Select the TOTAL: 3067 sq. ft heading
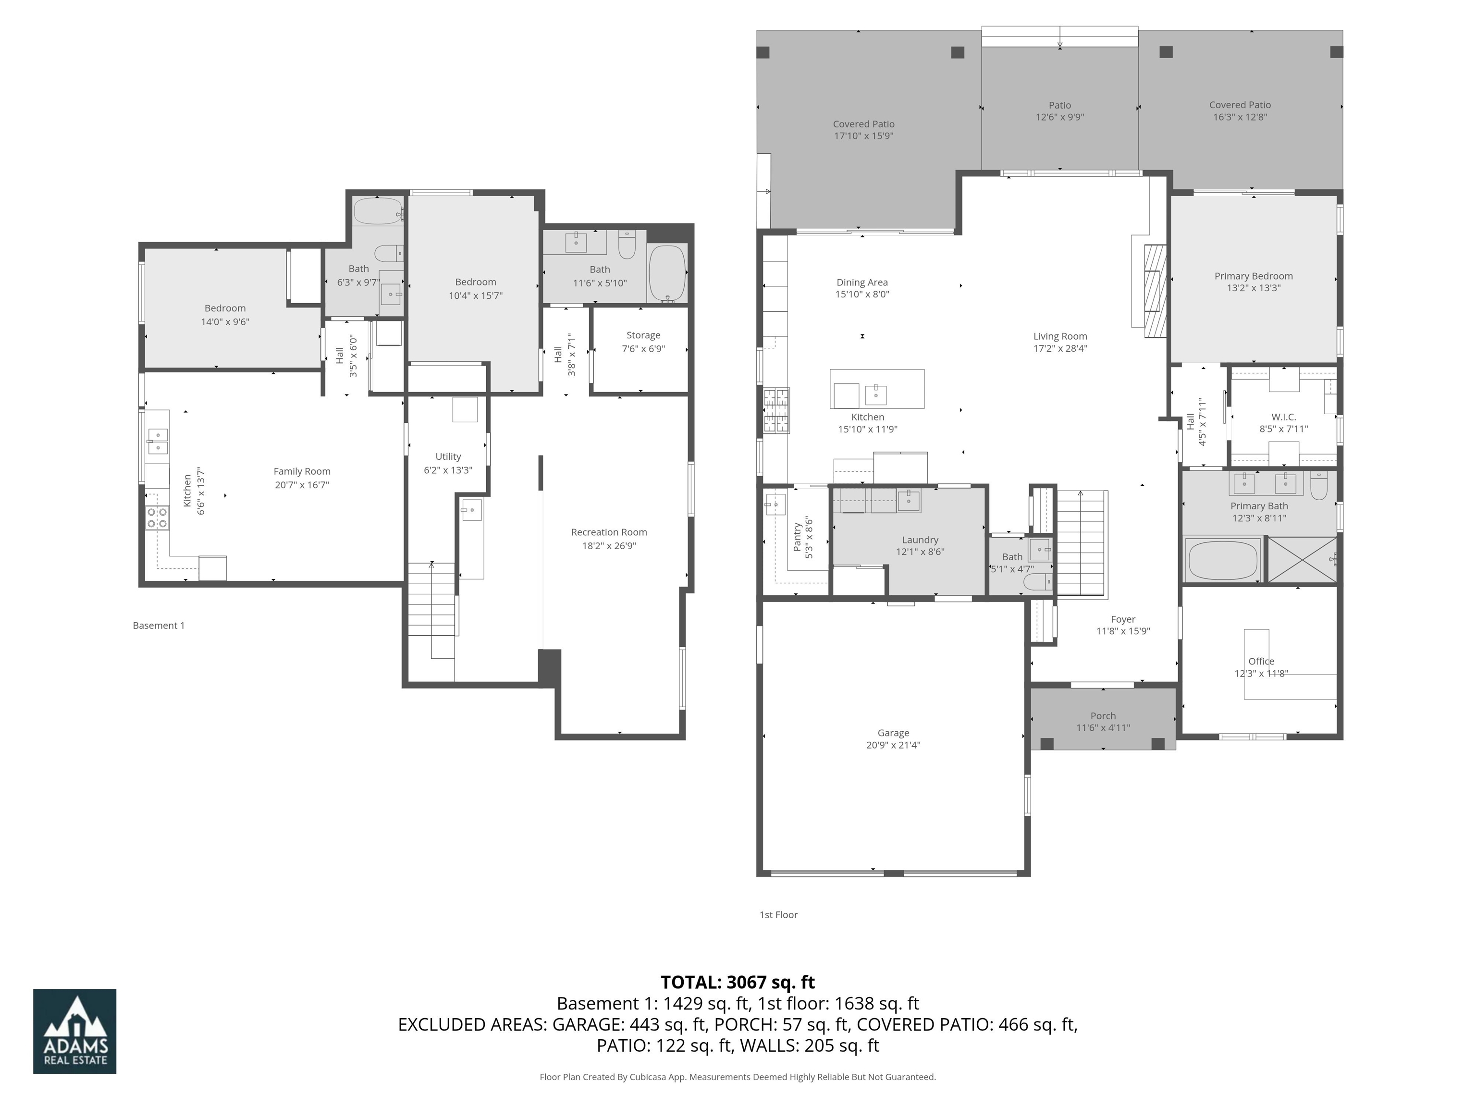click(x=738, y=982)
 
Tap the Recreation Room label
click(x=609, y=532)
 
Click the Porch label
click(x=1103, y=715)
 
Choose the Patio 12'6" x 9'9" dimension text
click(x=1059, y=117)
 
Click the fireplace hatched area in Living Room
click(x=1155, y=292)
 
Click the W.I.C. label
click(x=1283, y=417)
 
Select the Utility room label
click(x=448, y=456)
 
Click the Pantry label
click(x=798, y=537)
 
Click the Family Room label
click(x=302, y=471)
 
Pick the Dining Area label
click(x=861, y=282)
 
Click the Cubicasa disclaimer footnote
click(x=738, y=1077)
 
